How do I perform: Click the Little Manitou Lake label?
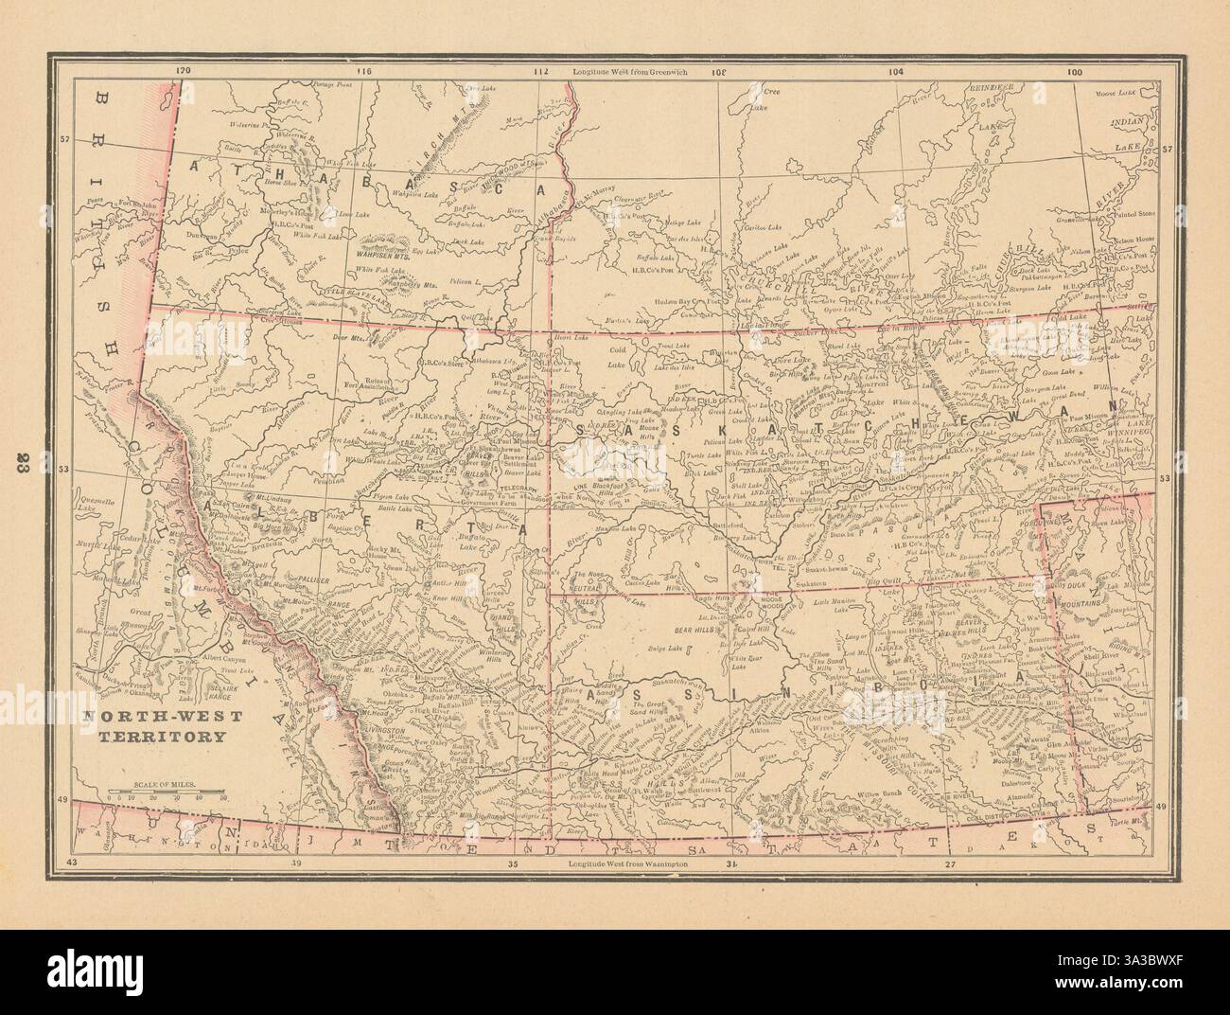coord(820,606)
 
